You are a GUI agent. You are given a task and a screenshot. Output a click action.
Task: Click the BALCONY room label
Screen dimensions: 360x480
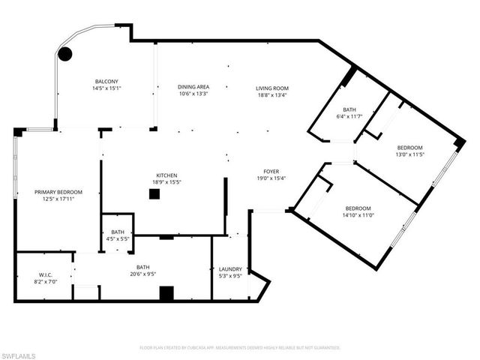pos(106,81)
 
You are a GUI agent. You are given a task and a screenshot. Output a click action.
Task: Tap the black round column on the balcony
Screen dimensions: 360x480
pos(65,54)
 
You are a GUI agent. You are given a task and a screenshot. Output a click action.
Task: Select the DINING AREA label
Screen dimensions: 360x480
pos(193,87)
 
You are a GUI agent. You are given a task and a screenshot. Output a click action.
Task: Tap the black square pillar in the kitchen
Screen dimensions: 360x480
pos(154,194)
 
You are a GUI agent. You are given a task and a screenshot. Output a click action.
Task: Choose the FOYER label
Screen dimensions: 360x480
pos(271,170)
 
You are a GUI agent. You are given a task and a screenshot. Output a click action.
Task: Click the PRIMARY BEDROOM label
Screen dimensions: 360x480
pos(58,192)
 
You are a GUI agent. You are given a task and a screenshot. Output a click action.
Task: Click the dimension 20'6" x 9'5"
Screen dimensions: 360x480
pos(142,274)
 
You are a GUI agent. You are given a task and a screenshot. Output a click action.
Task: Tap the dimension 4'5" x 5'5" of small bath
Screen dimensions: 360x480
pos(118,239)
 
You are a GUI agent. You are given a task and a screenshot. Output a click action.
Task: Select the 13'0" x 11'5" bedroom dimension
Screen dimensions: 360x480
pos(409,154)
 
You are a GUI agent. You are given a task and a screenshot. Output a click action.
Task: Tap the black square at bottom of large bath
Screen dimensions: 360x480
pos(166,292)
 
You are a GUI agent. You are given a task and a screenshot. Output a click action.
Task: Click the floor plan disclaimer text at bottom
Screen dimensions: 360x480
pos(240,348)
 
